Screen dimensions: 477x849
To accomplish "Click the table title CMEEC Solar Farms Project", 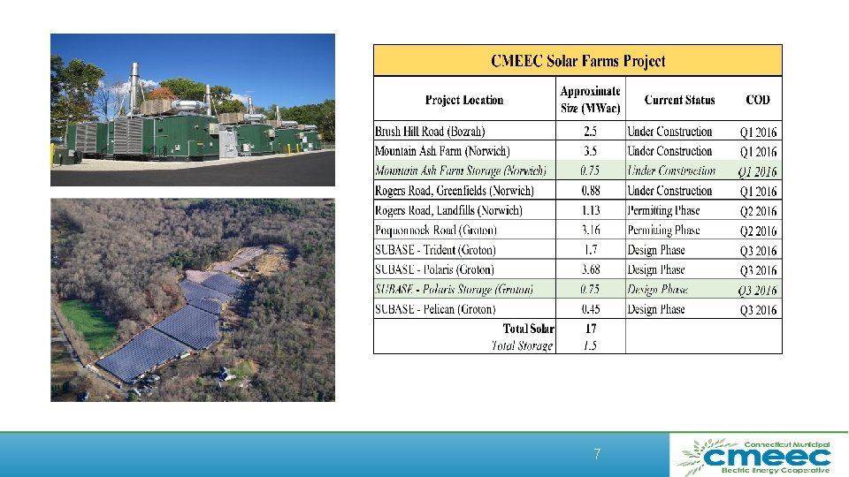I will tap(577, 61).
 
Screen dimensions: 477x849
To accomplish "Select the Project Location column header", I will tap(463, 101).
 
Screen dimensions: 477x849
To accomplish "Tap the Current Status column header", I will tap(679, 101).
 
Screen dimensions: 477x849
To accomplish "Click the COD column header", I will tap(758, 101).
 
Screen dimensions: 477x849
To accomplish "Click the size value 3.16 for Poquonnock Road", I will tap(590, 231).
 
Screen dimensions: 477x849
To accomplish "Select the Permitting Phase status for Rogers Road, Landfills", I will tap(663, 210).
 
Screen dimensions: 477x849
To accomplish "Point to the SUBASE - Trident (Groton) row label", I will tap(435, 250).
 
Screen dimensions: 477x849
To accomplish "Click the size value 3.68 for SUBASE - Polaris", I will tap(590, 269).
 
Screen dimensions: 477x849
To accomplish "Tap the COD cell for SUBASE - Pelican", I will tap(758, 310).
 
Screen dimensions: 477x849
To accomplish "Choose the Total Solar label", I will tap(529, 329).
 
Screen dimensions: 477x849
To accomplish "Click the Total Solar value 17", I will tap(590, 329).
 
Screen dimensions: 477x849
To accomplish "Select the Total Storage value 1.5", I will tap(590, 345).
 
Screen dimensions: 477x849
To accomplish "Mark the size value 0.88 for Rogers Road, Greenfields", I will tap(590, 191).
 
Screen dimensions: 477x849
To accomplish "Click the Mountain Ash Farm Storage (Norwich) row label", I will tap(460, 171).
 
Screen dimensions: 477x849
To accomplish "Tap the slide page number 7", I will tap(597, 455).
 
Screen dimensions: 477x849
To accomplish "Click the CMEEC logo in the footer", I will tap(754, 456).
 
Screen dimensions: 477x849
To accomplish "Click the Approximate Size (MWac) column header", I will tap(590, 100).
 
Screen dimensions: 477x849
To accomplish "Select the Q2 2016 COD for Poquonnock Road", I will tap(758, 231).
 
